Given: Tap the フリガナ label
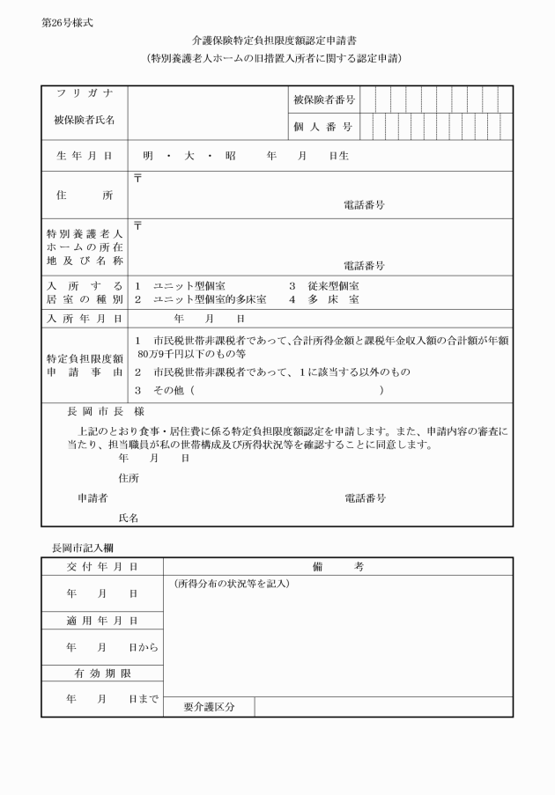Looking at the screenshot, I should click(x=84, y=94).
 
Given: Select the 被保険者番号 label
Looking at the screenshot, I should click(x=322, y=100).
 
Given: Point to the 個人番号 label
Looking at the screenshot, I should click(x=322, y=128).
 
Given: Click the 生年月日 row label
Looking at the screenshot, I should click(x=84, y=156).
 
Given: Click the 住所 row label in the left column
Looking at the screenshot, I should click(x=84, y=195).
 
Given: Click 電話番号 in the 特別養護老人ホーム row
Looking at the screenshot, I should click(x=364, y=265).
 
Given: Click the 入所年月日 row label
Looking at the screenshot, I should click(x=84, y=319).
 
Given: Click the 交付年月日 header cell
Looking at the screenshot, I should click(x=102, y=567).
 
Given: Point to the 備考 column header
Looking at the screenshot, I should click(x=337, y=567).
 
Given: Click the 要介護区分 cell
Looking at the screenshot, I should click(x=209, y=707).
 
